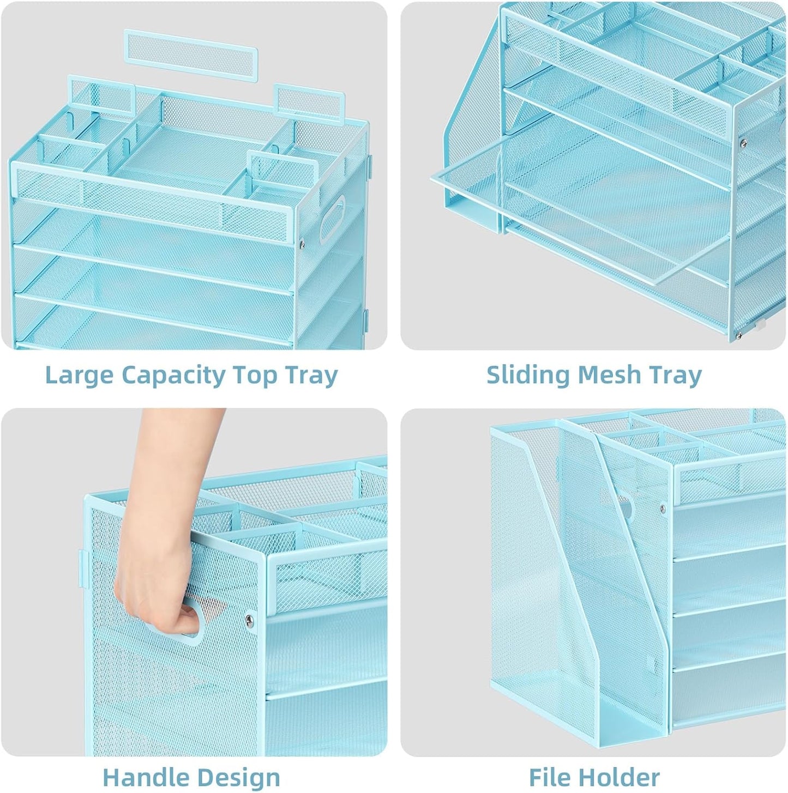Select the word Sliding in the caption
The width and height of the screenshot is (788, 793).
527,375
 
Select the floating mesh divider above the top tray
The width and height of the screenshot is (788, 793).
190,55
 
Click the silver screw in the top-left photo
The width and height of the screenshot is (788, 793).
302,244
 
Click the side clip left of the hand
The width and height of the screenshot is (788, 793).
83,568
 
